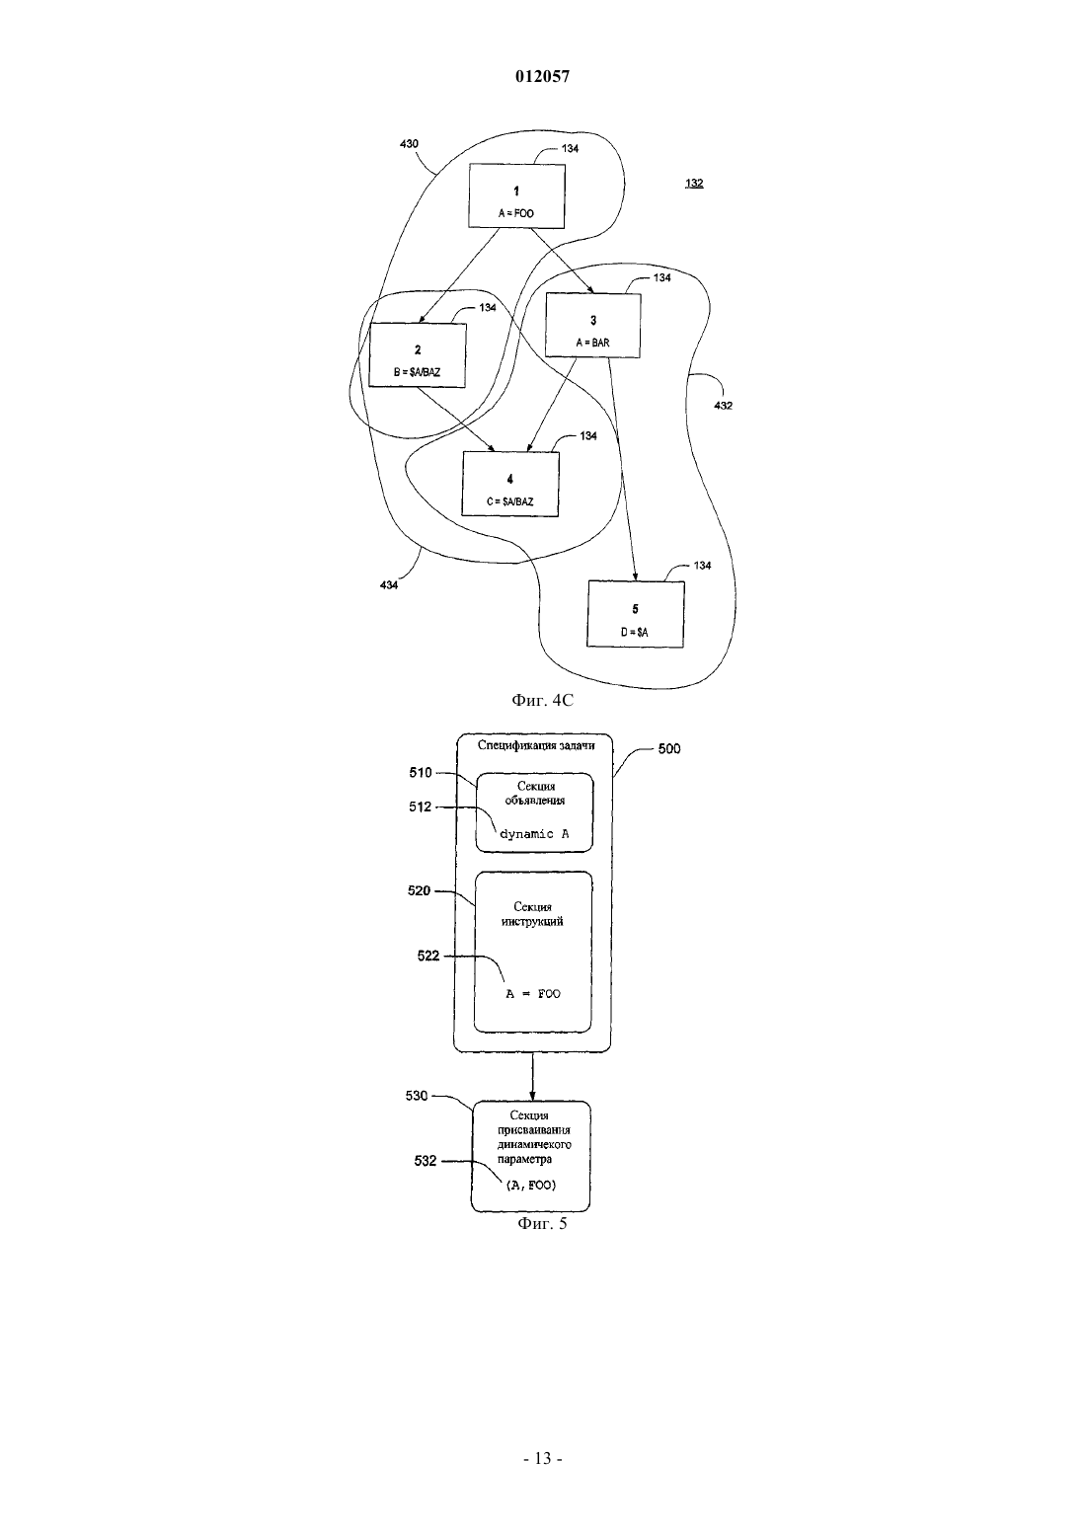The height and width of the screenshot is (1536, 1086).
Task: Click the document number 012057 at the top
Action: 542,76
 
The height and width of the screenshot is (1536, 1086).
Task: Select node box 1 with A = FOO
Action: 516,196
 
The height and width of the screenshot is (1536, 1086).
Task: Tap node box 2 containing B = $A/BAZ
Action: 418,355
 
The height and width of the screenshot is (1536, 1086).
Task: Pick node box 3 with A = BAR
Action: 593,326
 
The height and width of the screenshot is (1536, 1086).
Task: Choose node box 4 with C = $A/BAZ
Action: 510,484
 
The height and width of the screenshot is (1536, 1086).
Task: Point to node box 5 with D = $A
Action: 636,614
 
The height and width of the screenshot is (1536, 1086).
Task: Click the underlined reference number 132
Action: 694,183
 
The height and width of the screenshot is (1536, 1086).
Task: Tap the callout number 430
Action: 410,144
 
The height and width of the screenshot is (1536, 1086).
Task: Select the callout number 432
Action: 724,406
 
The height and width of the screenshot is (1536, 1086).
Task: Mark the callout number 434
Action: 389,585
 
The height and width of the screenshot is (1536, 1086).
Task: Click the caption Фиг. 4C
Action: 542,700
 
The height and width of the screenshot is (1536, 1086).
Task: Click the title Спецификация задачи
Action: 536,745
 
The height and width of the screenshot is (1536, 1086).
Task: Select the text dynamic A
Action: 534,834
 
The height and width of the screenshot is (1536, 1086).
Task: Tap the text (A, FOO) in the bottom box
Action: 531,1185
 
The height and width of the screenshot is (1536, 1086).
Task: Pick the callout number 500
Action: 669,749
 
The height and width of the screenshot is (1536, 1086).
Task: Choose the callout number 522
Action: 428,956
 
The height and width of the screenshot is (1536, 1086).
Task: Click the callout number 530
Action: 417,1096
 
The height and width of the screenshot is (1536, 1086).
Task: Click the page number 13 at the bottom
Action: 543,1459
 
